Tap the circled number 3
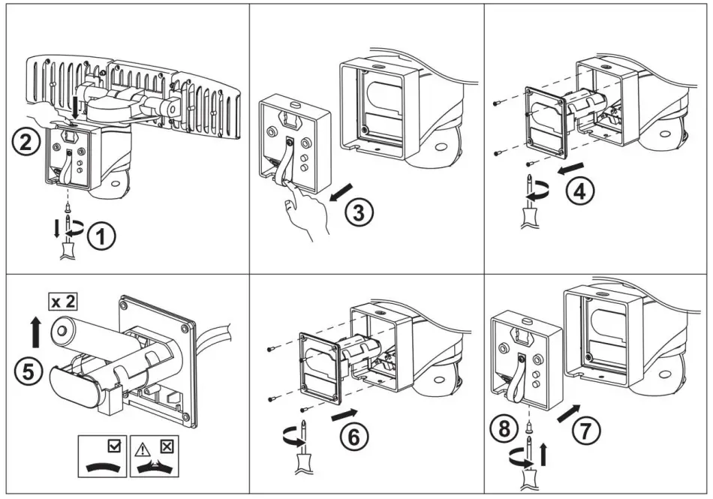point(359,213)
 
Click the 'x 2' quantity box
point(64,302)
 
